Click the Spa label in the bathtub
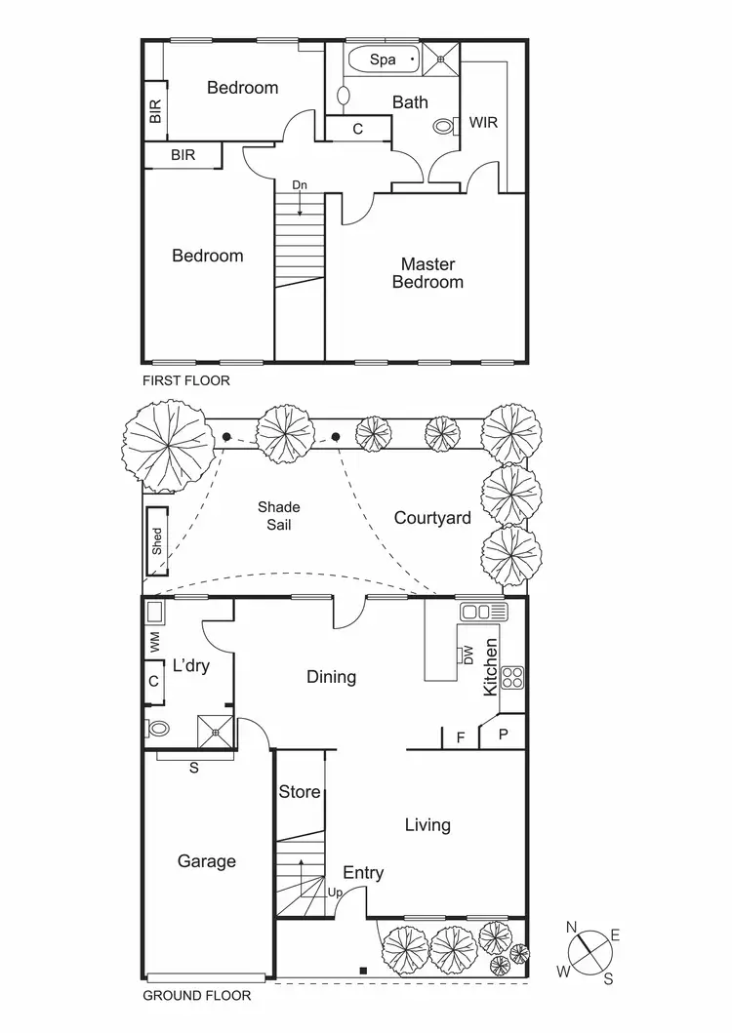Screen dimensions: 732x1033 [383, 60]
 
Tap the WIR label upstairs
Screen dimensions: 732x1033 [483, 123]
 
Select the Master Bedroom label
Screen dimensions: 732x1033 [427, 272]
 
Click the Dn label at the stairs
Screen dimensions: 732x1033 [299, 184]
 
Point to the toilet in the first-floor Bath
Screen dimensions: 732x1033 [445, 126]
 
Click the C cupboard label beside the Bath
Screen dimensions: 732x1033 [357, 129]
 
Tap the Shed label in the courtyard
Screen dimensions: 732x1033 [157, 542]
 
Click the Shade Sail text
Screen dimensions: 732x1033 [278, 515]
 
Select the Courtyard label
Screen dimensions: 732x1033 [432, 517]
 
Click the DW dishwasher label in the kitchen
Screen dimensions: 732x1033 [468, 656]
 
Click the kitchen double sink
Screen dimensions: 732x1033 [484, 612]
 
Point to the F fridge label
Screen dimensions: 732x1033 [461, 737]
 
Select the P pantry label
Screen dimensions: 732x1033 [504, 734]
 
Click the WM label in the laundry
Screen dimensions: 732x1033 [154, 643]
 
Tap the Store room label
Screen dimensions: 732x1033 [300, 791]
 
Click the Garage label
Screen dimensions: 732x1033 [207, 860]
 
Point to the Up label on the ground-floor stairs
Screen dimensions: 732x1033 [334, 893]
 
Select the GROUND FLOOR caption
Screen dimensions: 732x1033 [197, 996]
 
